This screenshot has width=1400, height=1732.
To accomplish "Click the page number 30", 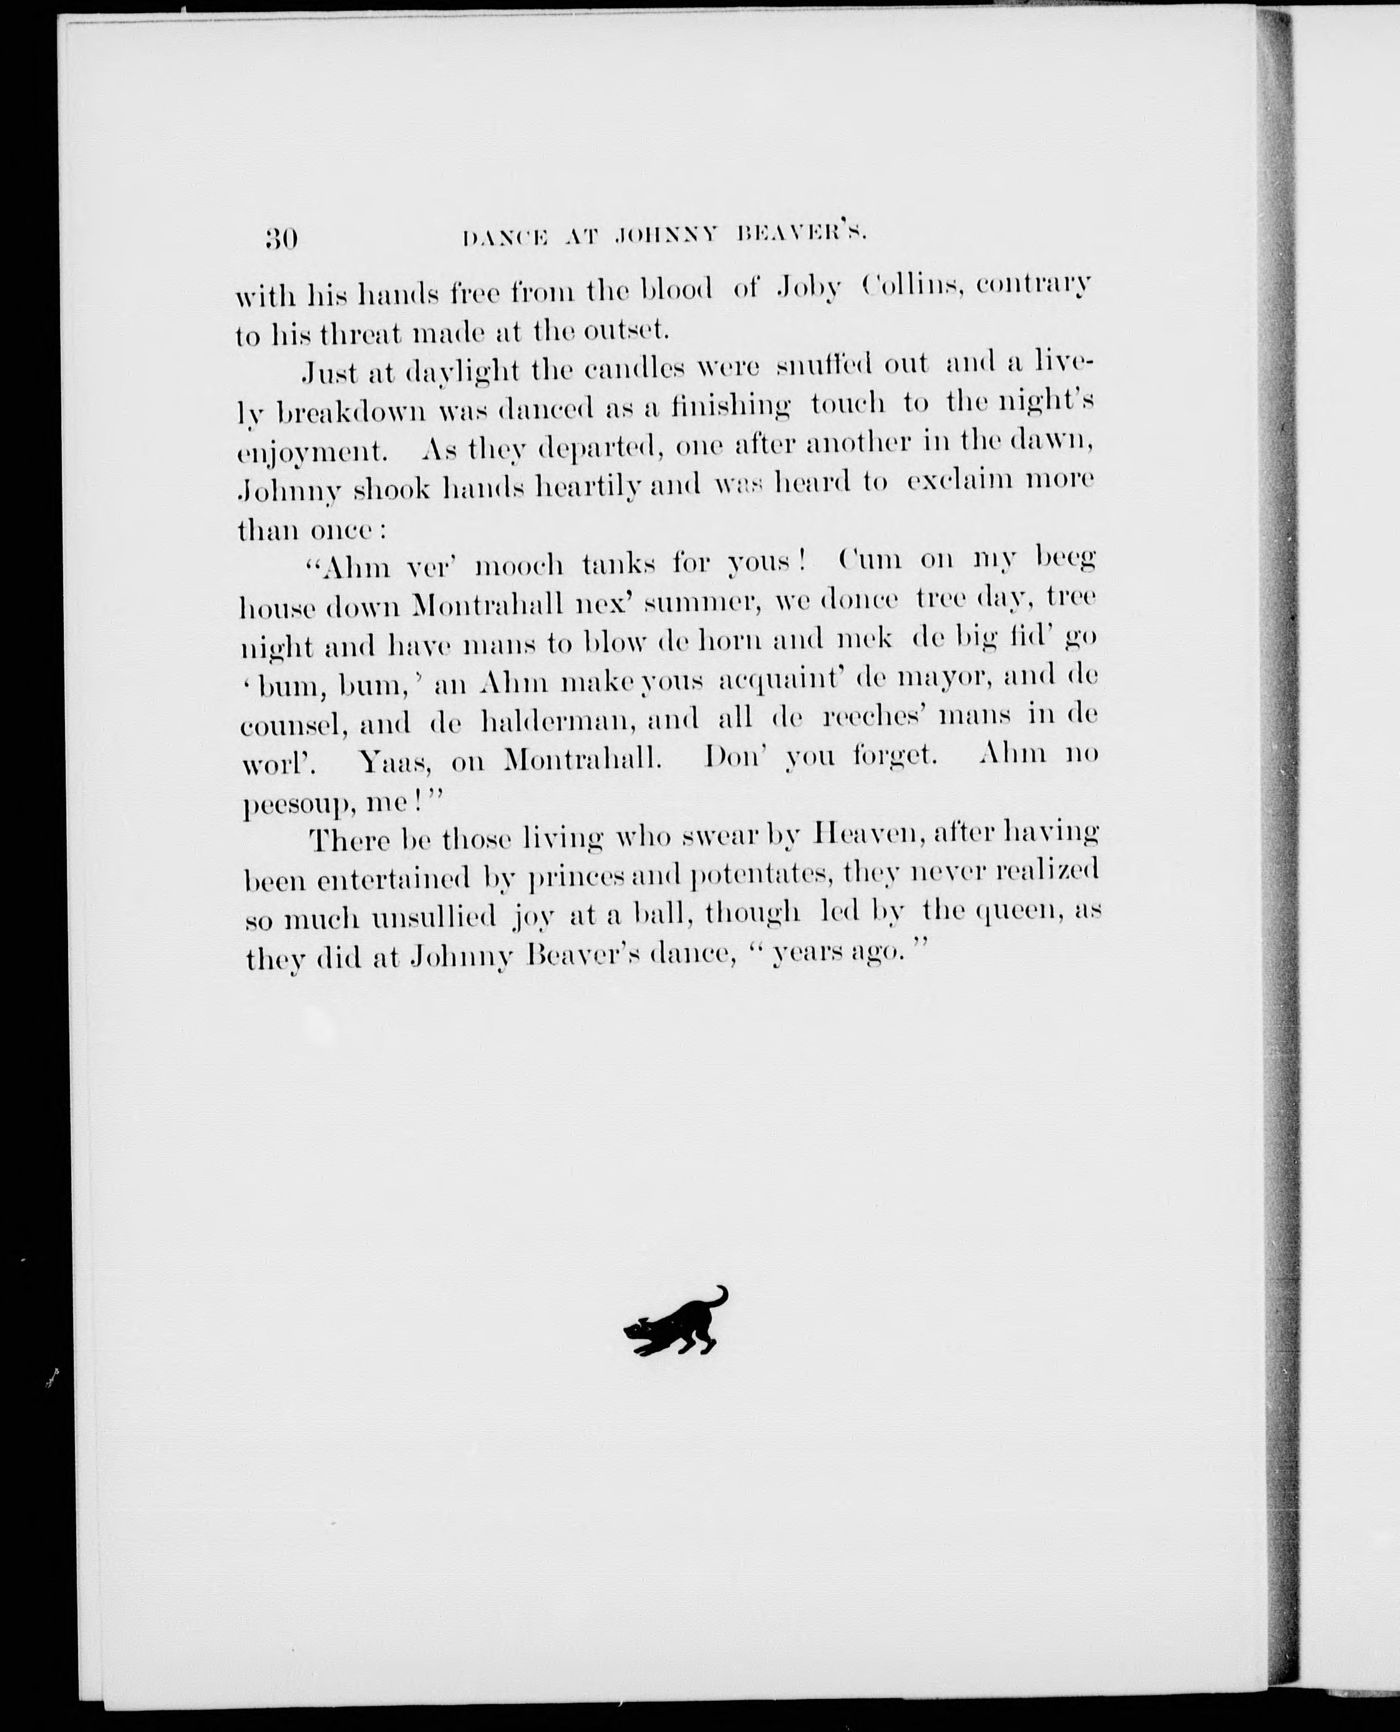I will pyautogui.click(x=281, y=240).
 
